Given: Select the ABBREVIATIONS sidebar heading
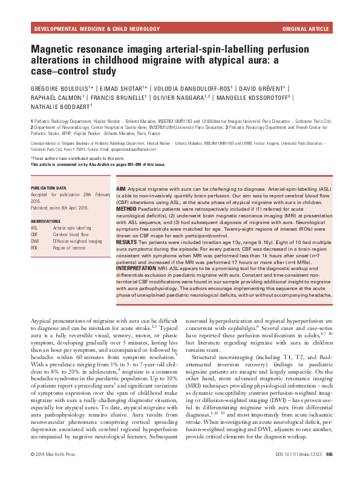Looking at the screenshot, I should click(x=47, y=222).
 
